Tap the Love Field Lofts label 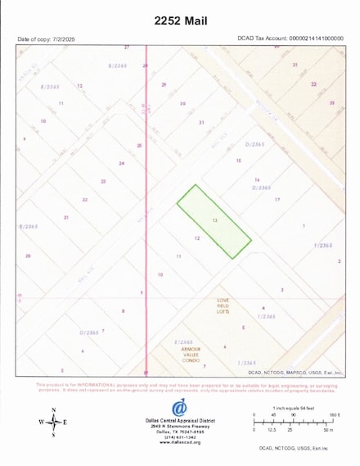[223, 306]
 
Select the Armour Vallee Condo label [191, 354]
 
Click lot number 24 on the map [121, 163]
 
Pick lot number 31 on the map [200, 122]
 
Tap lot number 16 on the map [257, 180]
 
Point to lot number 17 [277, 199]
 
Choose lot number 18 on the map [239, 161]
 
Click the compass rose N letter [54, 409]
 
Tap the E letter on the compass [65, 423]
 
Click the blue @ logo [178, 408]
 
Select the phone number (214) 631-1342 [179, 437]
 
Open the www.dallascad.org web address [179, 442]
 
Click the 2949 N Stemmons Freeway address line [179, 426]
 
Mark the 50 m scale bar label [328, 429]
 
